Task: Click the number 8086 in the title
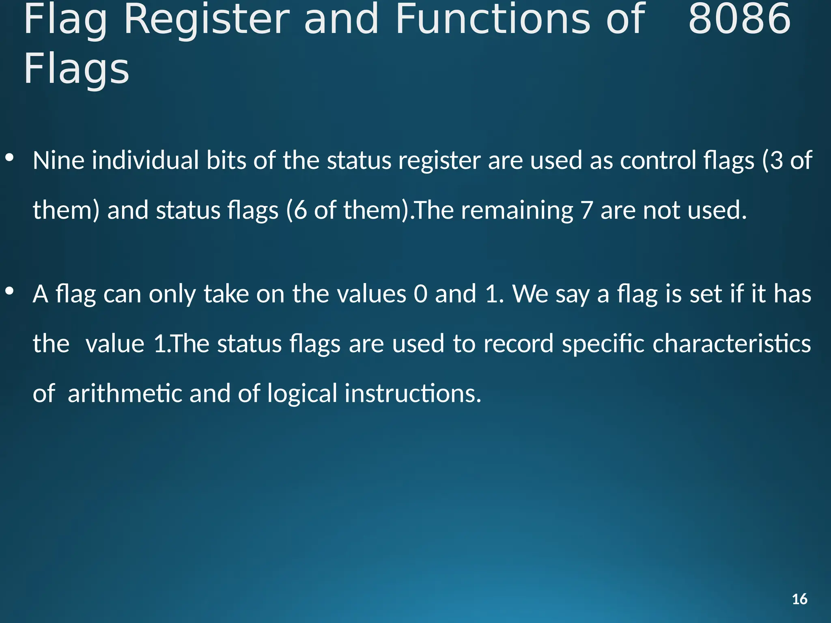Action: [x=739, y=19]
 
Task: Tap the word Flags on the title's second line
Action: [x=76, y=69]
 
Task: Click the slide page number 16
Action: [x=799, y=599]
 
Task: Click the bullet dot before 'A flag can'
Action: [x=10, y=291]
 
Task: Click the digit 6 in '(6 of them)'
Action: [x=300, y=211]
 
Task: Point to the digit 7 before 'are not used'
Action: [x=587, y=211]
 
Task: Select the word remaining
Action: [x=517, y=211]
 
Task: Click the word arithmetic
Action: [x=125, y=393]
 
